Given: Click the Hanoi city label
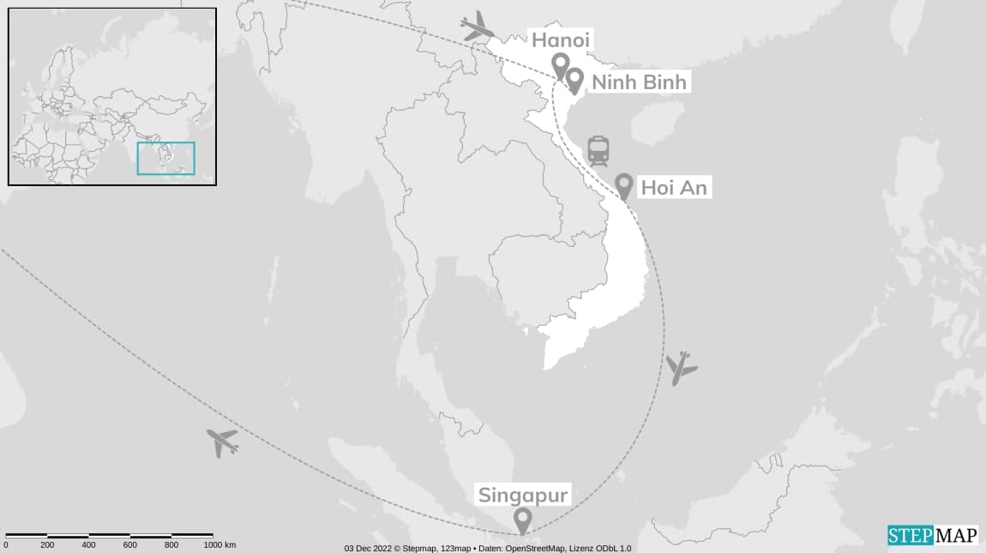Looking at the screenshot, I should tap(562, 40).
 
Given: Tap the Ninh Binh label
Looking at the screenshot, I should tap(638, 82).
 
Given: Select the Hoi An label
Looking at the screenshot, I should tap(674, 188).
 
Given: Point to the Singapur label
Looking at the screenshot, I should tap(522, 495).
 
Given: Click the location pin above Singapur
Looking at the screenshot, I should tap(521, 520).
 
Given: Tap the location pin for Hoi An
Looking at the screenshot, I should tap(624, 186).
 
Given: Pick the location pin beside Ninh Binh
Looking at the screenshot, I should tap(574, 81).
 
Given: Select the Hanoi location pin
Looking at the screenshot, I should tap(560, 65).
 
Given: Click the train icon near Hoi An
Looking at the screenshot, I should tap(598, 151).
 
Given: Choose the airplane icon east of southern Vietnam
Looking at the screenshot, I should tap(682, 368).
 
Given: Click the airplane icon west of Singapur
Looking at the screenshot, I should tap(222, 442).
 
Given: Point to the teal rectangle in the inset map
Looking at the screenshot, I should tap(166, 159).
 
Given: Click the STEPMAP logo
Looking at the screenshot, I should tap(932, 535).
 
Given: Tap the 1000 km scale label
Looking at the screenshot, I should tap(219, 545).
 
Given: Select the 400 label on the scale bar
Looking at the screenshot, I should tap(88, 545).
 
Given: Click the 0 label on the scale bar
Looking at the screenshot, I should tap(6, 545).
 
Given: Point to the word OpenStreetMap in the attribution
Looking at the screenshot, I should tap(531, 548).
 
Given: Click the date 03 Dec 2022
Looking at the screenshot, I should tap(368, 548).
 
